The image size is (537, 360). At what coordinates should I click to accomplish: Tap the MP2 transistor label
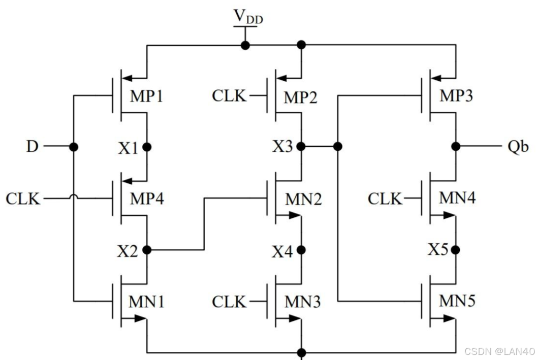(300, 97)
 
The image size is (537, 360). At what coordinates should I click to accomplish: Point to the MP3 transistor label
(455, 97)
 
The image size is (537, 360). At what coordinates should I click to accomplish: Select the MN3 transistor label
(302, 302)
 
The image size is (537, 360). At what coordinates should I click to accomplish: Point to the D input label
(33, 147)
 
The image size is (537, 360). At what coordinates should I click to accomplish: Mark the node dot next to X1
(147, 147)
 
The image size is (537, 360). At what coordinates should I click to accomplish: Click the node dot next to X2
(147, 250)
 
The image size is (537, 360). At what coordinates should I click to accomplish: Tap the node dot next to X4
(302, 250)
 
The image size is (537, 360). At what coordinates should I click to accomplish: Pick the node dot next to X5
(456, 250)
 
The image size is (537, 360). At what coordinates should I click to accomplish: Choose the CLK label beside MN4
(385, 199)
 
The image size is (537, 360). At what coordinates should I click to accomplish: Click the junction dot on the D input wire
(74, 147)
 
